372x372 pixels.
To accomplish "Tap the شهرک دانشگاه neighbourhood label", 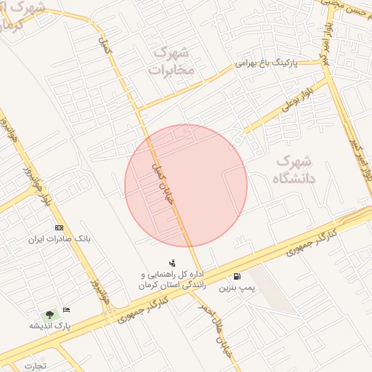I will click(294, 169).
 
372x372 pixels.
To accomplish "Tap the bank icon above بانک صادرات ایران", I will click(59, 228).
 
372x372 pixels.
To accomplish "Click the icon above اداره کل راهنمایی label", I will click(171, 263).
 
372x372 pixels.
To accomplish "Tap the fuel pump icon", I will click(238, 277).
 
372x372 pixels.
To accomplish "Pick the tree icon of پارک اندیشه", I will click(49, 315).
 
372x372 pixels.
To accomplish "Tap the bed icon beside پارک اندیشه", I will click(67, 310).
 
